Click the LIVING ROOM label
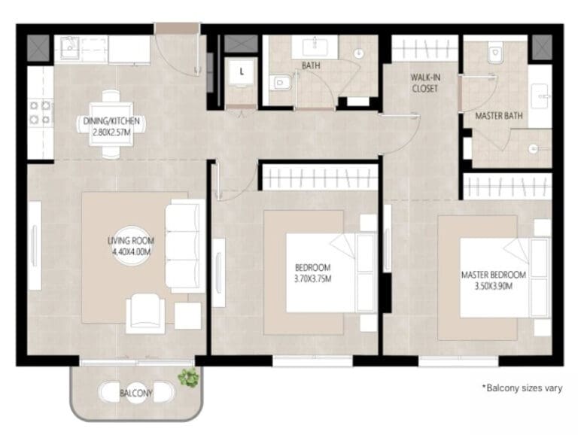[131, 241]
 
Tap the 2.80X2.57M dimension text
[111, 132]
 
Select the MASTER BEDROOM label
[493, 275]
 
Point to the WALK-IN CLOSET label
[425, 83]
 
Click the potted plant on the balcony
[188, 378]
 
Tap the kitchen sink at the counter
[70, 48]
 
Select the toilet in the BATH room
[279, 83]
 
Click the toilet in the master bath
[496, 53]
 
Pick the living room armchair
[145, 313]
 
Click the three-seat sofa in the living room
[185, 246]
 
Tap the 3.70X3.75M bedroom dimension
[312, 279]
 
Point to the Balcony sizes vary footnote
[522, 388]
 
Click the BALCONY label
[135, 394]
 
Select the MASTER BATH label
[499, 116]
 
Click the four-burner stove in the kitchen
[40, 112]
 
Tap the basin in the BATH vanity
[315, 47]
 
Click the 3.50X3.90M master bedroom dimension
[493, 286]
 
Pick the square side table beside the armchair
[187, 315]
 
